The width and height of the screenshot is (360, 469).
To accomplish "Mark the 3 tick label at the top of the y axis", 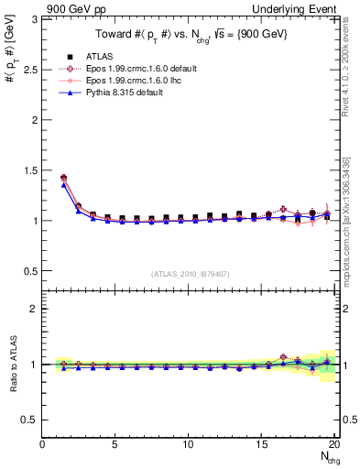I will (x=34, y=19).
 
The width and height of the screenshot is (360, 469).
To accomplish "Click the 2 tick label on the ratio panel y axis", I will (x=34, y=309).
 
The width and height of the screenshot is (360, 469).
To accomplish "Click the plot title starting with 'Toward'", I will (x=190, y=35).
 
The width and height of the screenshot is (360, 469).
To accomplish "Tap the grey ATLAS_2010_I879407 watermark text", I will (x=190, y=274).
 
